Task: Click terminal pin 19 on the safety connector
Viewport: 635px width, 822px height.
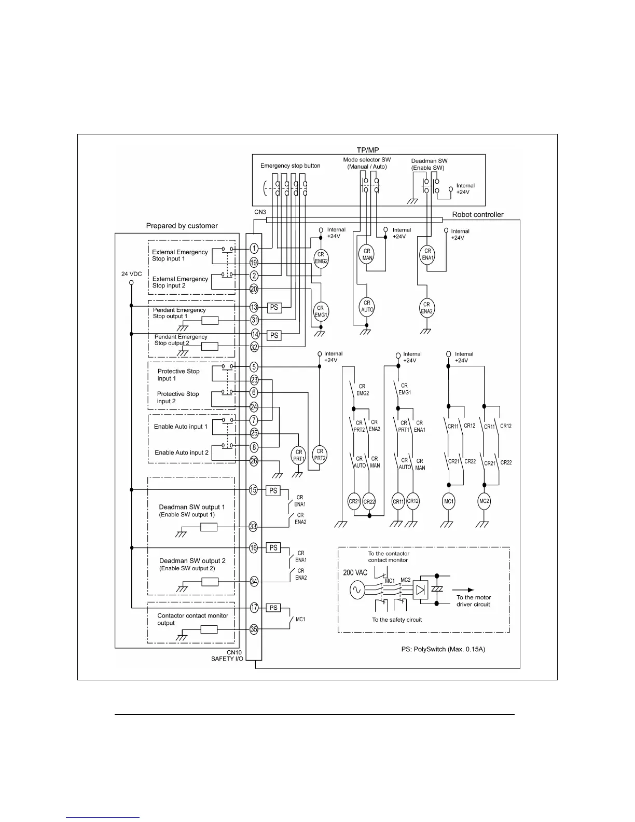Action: click(254, 263)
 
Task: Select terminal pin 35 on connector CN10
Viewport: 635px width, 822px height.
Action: click(254, 629)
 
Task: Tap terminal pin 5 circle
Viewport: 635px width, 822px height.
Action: click(254, 367)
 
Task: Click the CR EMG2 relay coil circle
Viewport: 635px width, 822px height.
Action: click(321, 257)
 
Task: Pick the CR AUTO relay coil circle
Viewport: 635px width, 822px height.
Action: click(367, 306)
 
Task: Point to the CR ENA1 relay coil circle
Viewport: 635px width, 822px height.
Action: click(427, 254)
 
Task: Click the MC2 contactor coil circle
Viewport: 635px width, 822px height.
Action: click(484, 501)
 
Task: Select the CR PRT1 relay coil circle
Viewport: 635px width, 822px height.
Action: click(298, 455)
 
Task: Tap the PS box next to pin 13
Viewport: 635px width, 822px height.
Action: click(274, 307)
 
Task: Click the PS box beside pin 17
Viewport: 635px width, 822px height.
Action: click(273, 608)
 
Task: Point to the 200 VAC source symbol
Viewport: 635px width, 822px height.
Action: click(357, 591)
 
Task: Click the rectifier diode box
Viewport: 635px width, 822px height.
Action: click(420, 590)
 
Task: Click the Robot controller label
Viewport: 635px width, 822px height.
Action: click(477, 214)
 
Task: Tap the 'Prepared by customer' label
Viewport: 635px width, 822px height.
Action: click(182, 226)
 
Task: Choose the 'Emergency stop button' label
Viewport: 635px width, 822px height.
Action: click(290, 166)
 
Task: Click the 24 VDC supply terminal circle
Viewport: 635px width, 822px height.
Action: click(131, 283)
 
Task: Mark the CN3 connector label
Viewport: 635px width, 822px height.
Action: click(260, 212)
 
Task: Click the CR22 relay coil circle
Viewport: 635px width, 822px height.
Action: click(369, 502)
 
